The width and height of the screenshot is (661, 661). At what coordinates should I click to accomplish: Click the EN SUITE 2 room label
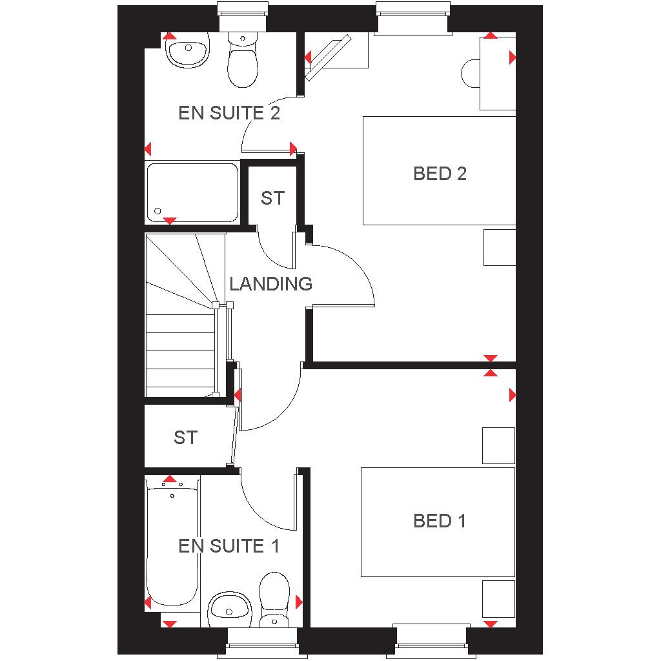click(x=229, y=113)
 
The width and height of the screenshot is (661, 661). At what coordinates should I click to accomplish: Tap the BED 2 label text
click(x=440, y=174)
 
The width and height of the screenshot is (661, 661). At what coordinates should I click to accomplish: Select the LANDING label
click(x=270, y=284)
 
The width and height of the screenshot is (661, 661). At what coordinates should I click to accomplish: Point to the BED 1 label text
click(x=439, y=521)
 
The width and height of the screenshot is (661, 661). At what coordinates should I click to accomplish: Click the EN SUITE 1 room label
click(x=229, y=546)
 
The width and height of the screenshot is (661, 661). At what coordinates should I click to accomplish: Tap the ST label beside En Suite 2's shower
click(x=272, y=198)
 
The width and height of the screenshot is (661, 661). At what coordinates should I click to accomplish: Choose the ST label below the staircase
click(x=185, y=438)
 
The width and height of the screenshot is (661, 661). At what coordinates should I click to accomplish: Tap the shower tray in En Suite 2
click(x=192, y=192)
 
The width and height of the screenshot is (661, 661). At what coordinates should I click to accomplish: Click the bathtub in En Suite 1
click(x=172, y=543)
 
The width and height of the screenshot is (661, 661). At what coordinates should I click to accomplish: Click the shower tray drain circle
click(x=158, y=211)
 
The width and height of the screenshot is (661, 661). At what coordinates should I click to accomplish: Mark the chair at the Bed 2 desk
click(x=471, y=74)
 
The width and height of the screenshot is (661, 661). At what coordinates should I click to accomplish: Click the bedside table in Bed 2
click(x=500, y=247)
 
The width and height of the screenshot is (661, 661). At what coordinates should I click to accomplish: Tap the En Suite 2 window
click(x=243, y=17)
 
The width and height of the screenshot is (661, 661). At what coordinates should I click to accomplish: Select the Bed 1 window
click(x=431, y=641)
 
